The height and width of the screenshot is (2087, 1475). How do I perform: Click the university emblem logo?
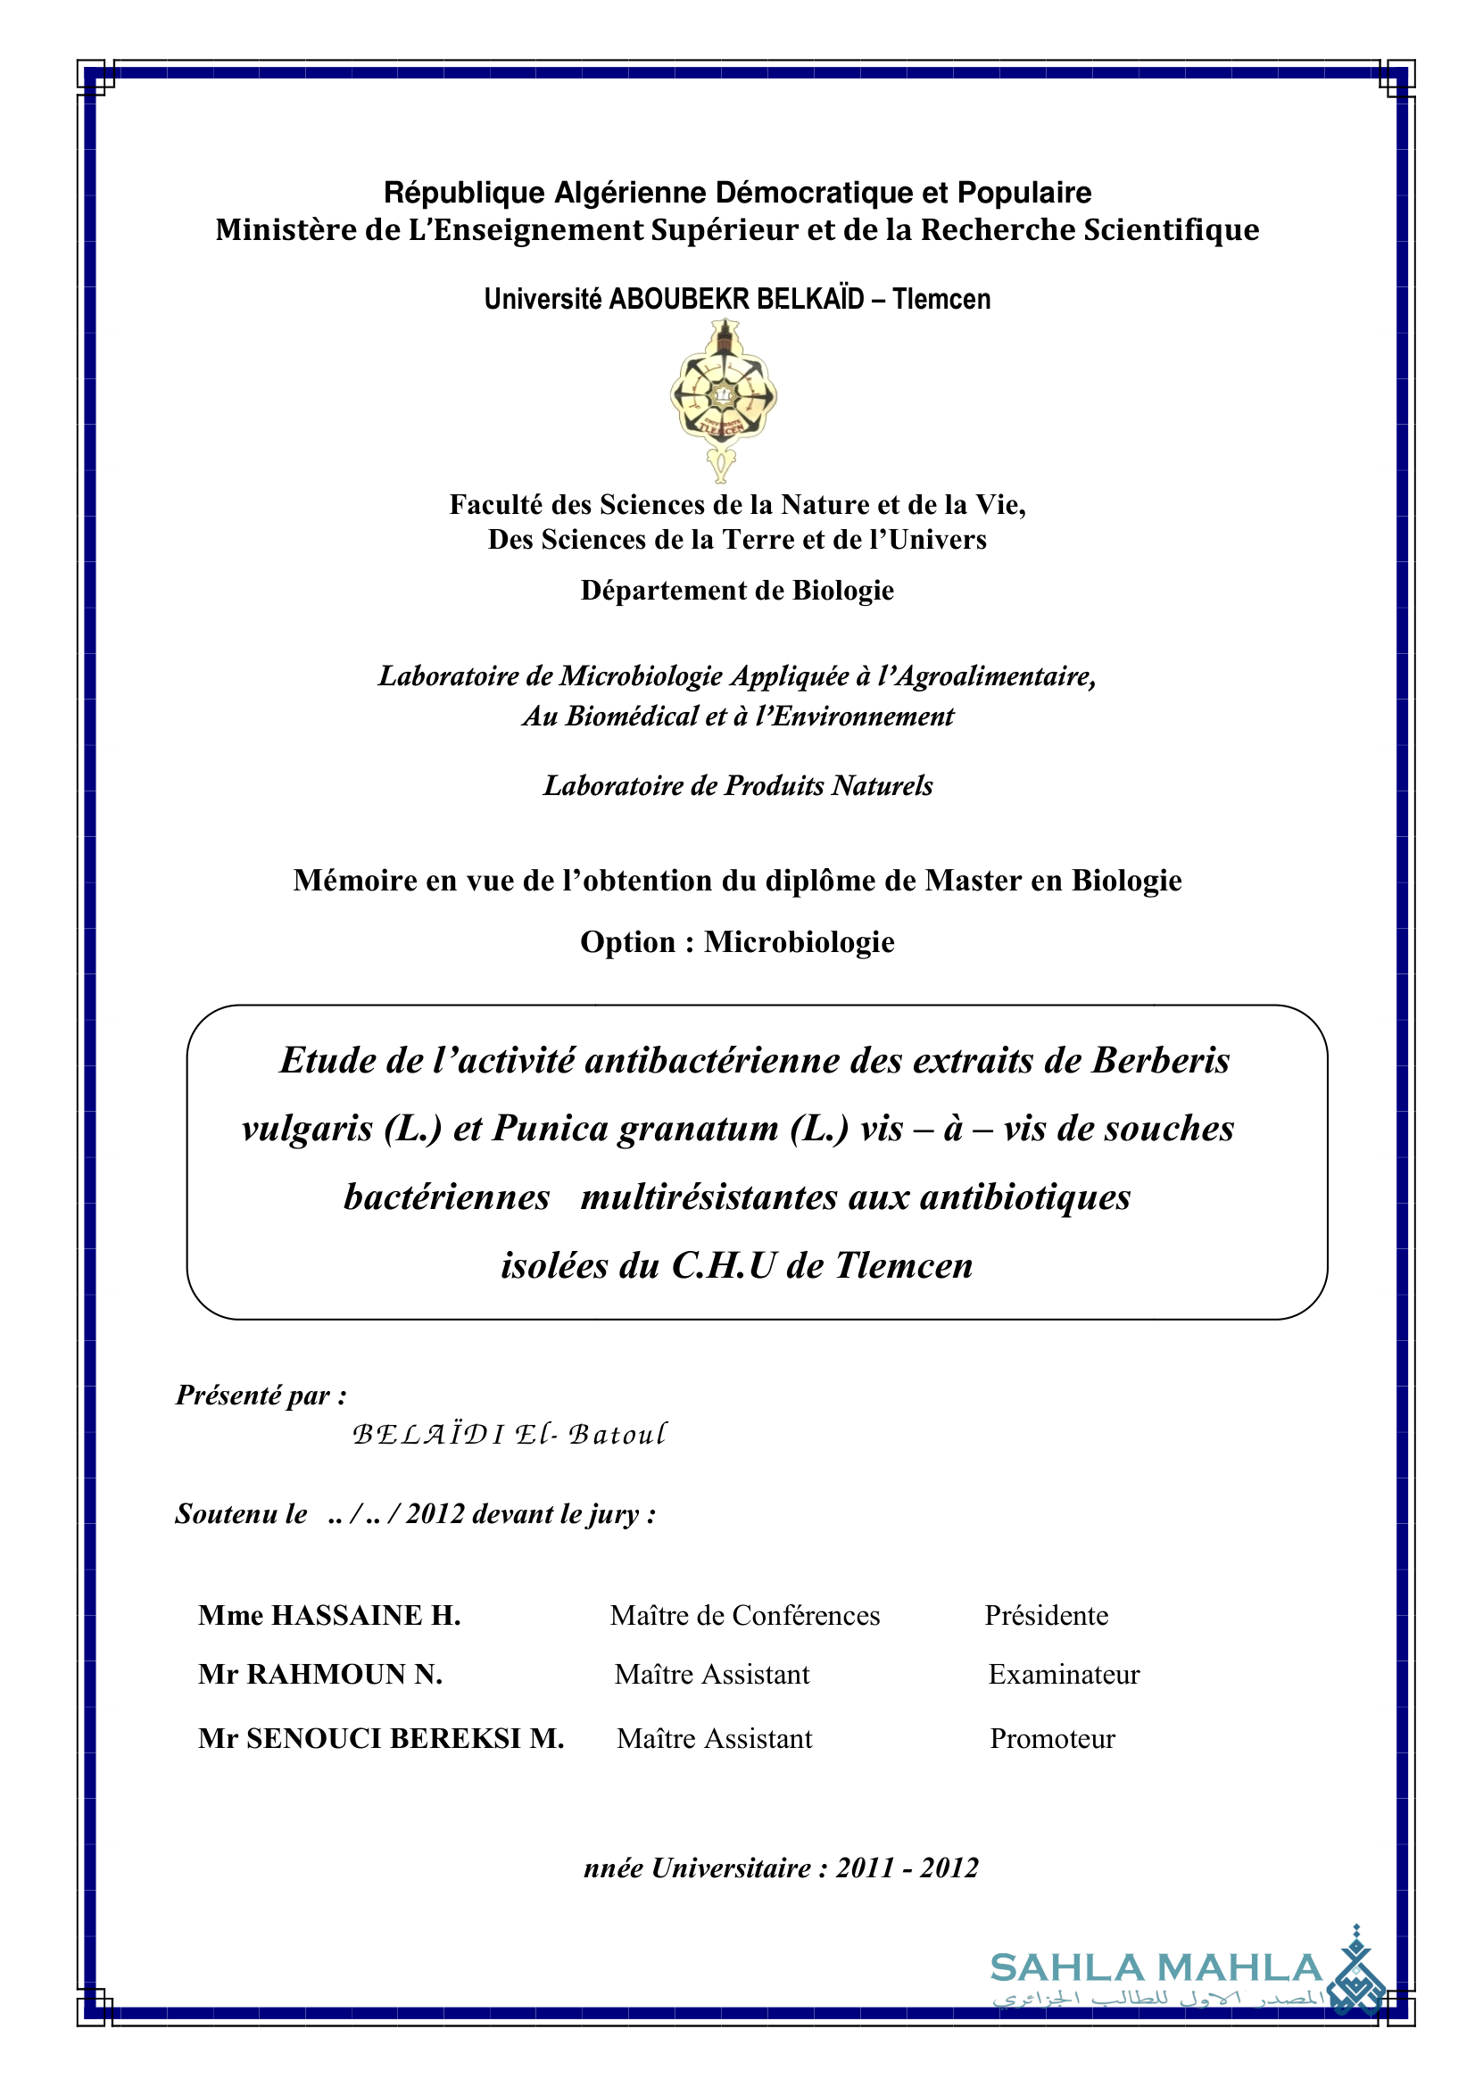(723, 401)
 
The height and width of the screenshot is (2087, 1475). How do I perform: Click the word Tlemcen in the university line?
(941, 299)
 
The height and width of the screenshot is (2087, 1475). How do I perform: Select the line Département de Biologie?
(737, 591)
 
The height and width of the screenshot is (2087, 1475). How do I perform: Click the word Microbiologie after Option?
(799, 941)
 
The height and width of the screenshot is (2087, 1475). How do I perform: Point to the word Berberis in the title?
(1161, 1061)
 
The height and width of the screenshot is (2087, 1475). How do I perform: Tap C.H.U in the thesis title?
(724, 1265)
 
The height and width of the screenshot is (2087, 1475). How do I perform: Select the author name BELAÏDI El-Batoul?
(509, 1435)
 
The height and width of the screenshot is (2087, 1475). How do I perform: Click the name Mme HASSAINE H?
(329, 1615)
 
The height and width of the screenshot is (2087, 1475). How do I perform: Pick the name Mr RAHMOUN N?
(320, 1674)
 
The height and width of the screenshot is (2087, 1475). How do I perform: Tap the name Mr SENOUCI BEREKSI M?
(381, 1738)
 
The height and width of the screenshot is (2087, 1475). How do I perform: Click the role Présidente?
(1046, 1615)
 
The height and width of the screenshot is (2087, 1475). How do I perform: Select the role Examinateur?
(1064, 1674)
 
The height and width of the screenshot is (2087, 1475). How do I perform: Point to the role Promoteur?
(1051, 1738)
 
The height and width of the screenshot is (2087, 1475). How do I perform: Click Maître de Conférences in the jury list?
(744, 1615)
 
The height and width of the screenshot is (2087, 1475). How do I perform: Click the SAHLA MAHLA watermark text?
(1155, 1968)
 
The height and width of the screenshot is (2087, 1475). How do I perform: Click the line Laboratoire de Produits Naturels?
(737, 785)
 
